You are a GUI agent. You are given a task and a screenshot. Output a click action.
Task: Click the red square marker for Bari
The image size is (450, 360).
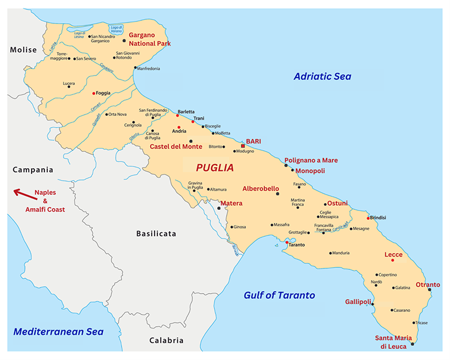pos(243,146)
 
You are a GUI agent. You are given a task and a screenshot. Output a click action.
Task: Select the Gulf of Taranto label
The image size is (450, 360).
pos(279,295)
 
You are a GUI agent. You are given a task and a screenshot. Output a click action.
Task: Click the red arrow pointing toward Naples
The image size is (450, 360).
pos(22,194)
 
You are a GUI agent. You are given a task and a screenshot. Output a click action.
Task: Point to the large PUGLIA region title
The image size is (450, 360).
pos(214,168)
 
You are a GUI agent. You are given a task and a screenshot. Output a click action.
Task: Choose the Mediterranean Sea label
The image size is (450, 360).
pos(59,332)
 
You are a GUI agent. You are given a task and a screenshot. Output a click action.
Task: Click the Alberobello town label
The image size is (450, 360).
pos(260,188)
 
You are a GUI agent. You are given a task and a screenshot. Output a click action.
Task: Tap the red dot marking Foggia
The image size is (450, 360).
pos(93,93)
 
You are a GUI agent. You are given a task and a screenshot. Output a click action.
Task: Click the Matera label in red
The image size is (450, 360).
pos(231,202)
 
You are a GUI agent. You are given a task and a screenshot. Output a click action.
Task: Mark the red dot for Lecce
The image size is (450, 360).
pos(393,260)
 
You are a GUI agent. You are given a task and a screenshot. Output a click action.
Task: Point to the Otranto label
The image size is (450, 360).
pos(427,285)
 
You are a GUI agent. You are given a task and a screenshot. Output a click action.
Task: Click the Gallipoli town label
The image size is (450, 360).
pos(358,302)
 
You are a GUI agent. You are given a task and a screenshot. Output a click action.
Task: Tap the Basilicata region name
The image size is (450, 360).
pos(156,233)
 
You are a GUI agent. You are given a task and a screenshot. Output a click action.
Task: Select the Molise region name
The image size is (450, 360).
pos(23,50)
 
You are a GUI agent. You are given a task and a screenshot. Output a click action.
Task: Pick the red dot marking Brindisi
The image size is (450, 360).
pos(368,218)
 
